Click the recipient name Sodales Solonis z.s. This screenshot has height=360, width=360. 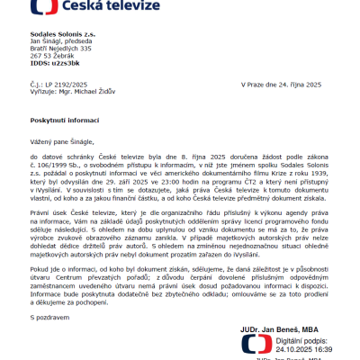[x=62, y=32]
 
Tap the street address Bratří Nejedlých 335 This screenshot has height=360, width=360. [x=61, y=49]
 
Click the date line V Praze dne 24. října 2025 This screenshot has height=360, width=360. [x=282, y=84]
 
